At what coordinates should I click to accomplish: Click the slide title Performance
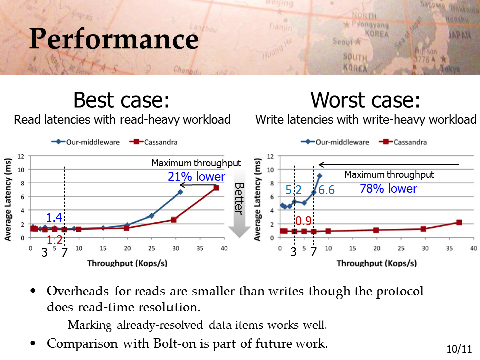coord(114,39)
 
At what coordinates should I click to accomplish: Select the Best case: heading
coord(121,100)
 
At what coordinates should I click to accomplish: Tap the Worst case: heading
coord(365,100)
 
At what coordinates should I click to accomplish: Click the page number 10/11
coord(459,349)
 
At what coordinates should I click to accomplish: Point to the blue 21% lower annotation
coord(196,177)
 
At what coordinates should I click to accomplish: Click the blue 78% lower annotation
coord(388,188)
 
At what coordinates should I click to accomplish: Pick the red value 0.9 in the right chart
coord(303,221)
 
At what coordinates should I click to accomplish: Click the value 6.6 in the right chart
coord(326,190)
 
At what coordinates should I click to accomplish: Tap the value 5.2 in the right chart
coord(293,190)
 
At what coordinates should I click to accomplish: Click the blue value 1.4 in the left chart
coord(54,217)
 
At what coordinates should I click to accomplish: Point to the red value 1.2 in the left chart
coord(55,240)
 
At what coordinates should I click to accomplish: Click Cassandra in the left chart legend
coord(160,142)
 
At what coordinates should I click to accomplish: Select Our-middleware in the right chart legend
coord(342,142)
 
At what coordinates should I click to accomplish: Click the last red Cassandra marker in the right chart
coord(459,222)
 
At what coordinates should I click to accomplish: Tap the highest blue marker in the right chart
coord(320,176)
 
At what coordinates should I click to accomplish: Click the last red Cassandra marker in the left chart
coord(216,188)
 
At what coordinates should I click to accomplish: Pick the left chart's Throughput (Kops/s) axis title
coord(127,263)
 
